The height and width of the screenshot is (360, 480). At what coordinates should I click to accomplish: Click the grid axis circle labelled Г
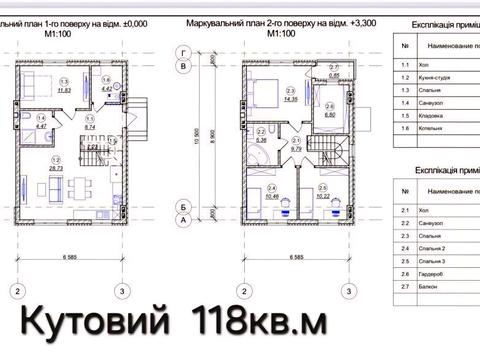pyautogui.click(x=183, y=50)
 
